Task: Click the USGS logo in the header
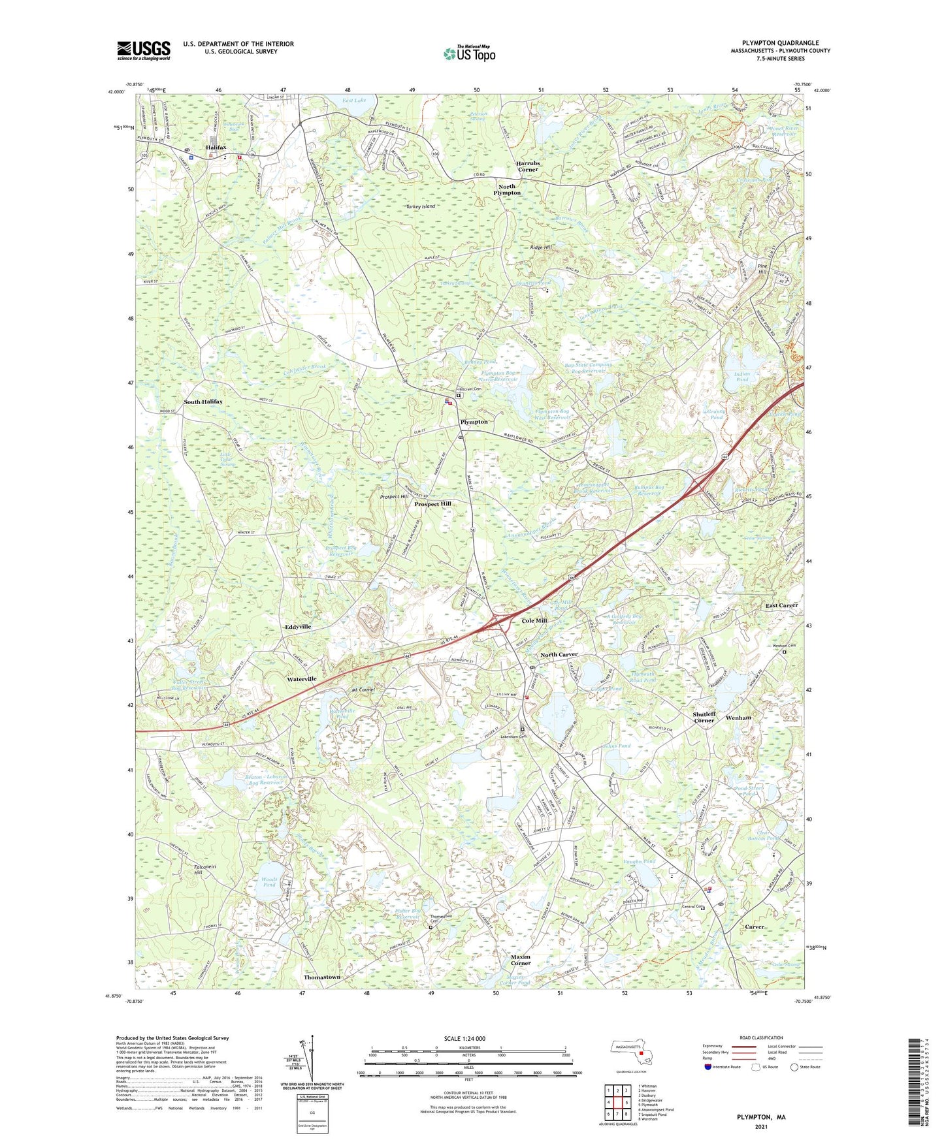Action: click(x=144, y=50)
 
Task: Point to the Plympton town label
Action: click(x=474, y=422)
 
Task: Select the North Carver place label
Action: click(x=559, y=654)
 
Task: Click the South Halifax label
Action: click(x=203, y=402)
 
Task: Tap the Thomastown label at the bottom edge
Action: click(x=321, y=977)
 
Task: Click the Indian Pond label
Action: click(x=742, y=377)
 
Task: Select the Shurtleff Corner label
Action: click(x=704, y=717)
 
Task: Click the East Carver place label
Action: click(x=781, y=605)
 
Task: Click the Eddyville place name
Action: click(x=298, y=626)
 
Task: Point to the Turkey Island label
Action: click(x=420, y=206)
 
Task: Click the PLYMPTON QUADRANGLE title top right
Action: click(x=780, y=43)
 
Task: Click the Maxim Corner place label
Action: click(x=520, y=960)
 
